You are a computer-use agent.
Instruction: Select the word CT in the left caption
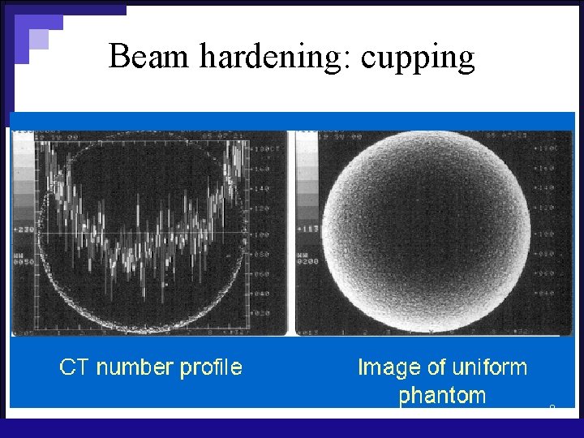(x=74, y=367)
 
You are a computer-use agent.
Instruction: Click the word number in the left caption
(x=135, y=367)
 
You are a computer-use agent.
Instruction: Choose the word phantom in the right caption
(x=442, y=396)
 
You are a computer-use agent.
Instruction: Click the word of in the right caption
(x=437, y=367)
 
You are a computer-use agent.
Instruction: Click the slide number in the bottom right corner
(x=552, y=406)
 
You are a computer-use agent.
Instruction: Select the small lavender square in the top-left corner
(x=39, y=39)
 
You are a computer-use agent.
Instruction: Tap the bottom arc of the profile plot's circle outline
(x=146, y=328)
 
